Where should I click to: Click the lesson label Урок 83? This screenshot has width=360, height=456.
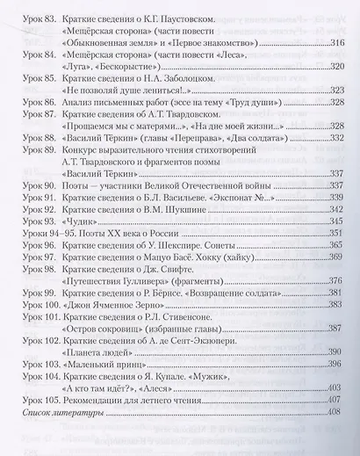click(35, 18)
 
